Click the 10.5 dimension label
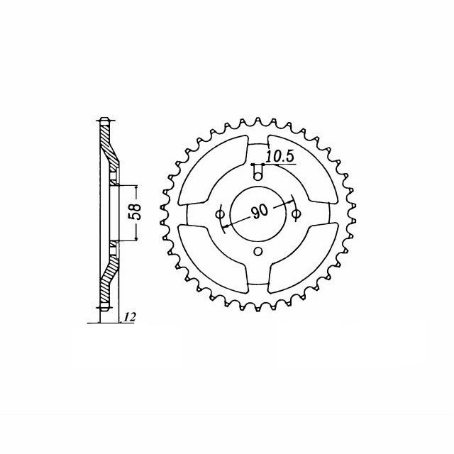[x=279, y=156]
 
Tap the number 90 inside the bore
[x=260, y=212]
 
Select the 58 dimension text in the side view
[x=135, y=211]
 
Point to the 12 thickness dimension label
[x=130, y=317]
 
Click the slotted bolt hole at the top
[x=258, y=172]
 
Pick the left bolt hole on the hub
[x=220, y=214]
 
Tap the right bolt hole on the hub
[x=296, y=214]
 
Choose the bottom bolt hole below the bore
[x=258, y=251]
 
